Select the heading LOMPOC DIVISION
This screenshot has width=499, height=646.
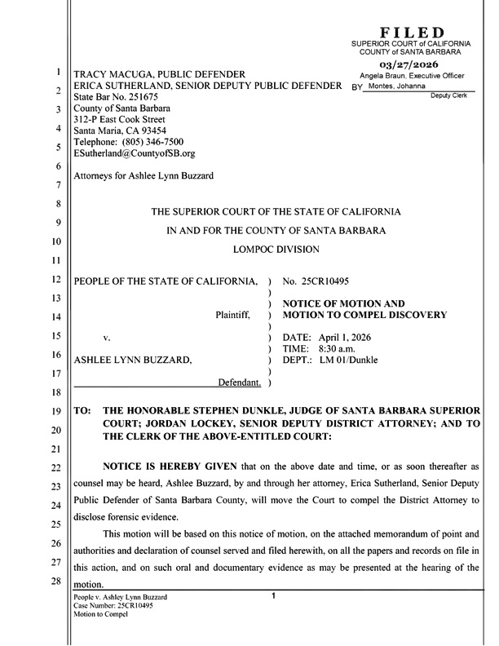point(276,249)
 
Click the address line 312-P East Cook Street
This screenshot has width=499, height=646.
point(125,119)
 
